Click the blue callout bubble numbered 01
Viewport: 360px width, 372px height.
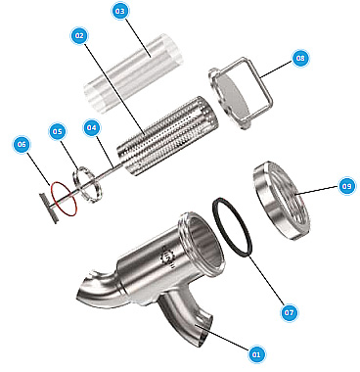point(256,353)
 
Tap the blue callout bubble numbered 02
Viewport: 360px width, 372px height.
point(79,35)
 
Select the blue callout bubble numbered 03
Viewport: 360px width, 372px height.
point(120,11)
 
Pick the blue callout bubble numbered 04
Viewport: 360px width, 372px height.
point(92,127)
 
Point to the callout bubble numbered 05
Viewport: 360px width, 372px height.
point(57,131)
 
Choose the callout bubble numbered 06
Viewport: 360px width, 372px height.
point(22,144)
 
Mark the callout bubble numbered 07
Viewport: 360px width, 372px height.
point(289,312)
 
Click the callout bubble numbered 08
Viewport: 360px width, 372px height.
point(299,58)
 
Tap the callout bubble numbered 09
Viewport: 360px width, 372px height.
point(346,186)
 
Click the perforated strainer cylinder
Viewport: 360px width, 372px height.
point(167,136)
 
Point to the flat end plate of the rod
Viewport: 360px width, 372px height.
point(48,209)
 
